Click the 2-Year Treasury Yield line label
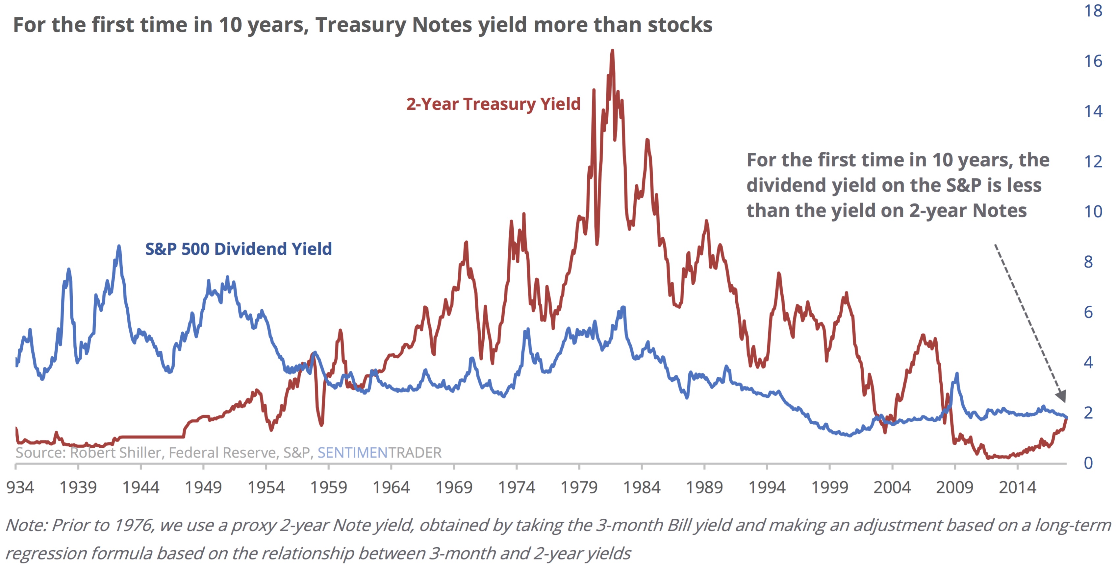(493, 104)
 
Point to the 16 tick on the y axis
(1093, 61)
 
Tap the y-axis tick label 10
(1093, 212)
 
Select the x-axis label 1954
(266, 487)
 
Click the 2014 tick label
(1017, 487)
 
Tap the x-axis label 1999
(829, 487)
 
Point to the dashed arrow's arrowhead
(1061, 396)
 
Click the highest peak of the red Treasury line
(612, 51)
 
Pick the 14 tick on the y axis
(1093, 111)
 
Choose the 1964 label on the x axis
(391, 487)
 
